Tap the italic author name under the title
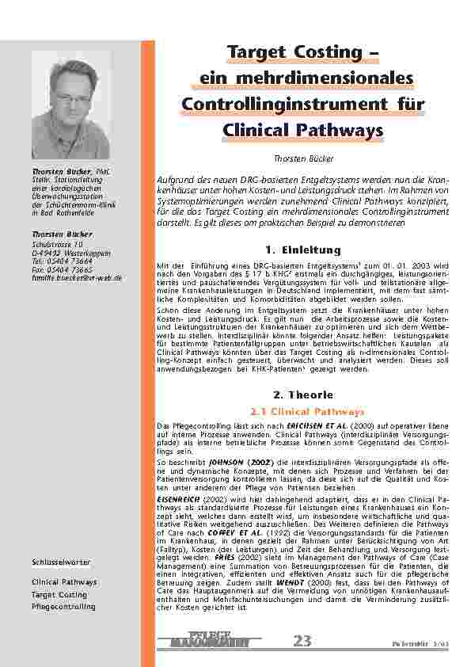pos(304,158)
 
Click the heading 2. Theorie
pos(302,394)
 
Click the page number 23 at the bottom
pos(302,641)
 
